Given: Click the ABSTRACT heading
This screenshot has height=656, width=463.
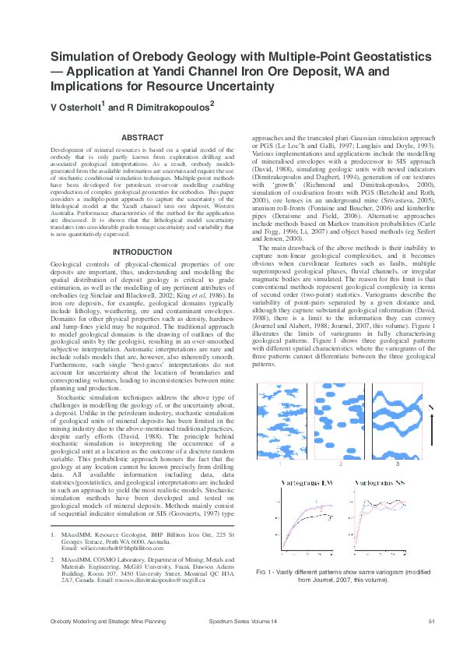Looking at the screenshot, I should (143, 138).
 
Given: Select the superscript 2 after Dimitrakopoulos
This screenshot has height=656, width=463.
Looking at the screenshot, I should (211, 102).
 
